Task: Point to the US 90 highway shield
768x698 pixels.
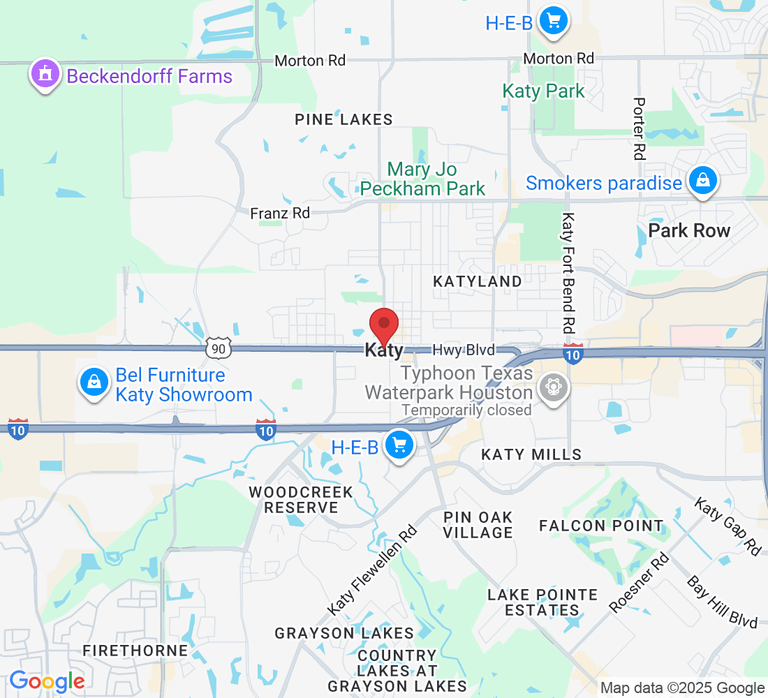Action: click(219, 348)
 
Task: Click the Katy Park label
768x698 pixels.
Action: click(544, 91)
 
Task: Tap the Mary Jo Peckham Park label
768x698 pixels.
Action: click(422, 179)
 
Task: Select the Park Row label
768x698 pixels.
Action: click(689, 230)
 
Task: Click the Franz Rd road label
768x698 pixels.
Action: click(280, 213)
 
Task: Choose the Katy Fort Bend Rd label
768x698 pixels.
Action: click(569, 272)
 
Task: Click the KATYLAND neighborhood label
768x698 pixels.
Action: click(478, 281)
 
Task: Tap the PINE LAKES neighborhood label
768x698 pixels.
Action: click(344, 120)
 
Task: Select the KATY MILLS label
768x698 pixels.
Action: click(531, 454)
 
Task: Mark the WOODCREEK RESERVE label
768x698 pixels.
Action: click(301, 500)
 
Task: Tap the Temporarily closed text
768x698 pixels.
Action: click(466, 410)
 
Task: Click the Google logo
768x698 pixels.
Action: click(47, 681)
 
